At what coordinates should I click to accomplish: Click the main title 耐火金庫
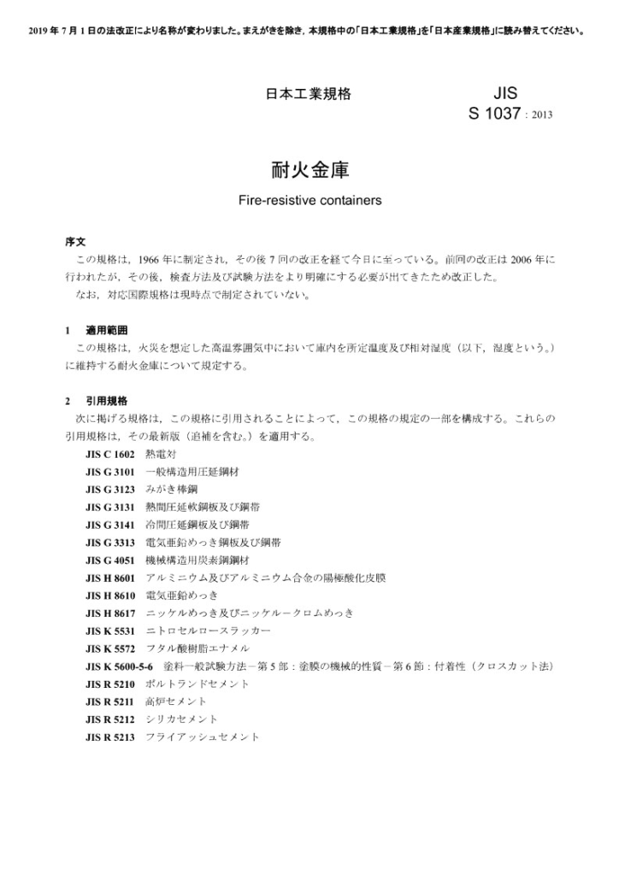[x=309, y=169]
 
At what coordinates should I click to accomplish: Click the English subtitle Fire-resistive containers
[x=309, y=203]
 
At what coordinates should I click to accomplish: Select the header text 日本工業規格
[x=308, y=94]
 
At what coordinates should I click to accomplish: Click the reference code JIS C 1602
[x=109, y=454]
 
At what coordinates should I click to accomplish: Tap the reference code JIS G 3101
[x=109, y=472]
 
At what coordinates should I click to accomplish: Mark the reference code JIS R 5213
[x=109, y=737]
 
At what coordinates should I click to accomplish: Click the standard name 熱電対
[x=161, y=454]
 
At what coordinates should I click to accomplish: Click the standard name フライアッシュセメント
[x=203, y=737]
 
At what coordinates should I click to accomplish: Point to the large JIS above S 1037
[x=505, y=92]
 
